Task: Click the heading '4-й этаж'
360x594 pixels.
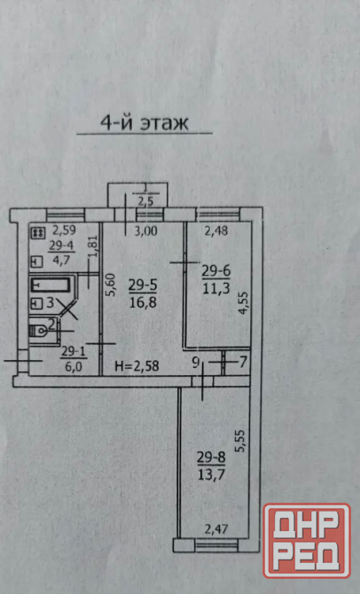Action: point(145,122)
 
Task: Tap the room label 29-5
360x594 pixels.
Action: point(143,285)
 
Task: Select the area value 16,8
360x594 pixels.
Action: point(143,302)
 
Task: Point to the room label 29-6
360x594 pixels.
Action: point(216,271)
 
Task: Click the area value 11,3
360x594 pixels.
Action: point(216,289)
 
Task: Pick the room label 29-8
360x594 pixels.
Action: point(211,457)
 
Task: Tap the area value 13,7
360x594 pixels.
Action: point(211,474)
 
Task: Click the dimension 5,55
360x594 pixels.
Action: point(240,441)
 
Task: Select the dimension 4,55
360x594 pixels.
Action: point(243,302)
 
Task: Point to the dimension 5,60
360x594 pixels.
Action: point(111,285)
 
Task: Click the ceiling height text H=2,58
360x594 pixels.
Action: point(137,366)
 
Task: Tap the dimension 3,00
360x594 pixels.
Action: point(146,231)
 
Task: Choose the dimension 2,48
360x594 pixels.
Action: point(216,230)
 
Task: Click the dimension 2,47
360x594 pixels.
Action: point(216,529)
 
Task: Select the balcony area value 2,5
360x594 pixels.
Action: point(145,201)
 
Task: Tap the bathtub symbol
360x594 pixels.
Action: point(51,285)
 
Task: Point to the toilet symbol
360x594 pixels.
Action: point(38,331)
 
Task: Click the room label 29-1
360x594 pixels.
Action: point(74,352)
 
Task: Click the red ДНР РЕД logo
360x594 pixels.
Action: point(307,541)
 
